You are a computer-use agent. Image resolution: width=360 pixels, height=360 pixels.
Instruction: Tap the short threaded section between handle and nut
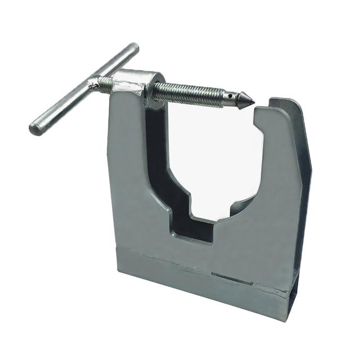pyautogui.click(x=105, y=84)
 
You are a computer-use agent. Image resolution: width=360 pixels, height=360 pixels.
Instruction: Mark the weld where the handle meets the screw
pyautogui.click(x=93, y=84)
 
